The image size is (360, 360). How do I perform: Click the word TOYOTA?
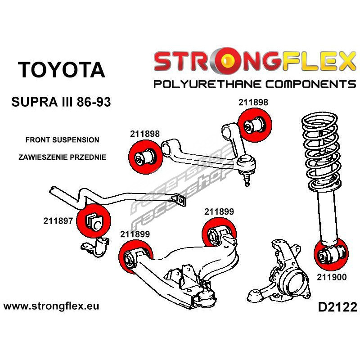[62, 70]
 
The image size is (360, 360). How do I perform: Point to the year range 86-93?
[92, 103]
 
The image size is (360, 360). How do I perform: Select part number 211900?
[331, 277]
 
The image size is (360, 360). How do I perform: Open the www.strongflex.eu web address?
[51, 306]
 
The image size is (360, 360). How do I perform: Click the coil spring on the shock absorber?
[319, 148]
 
